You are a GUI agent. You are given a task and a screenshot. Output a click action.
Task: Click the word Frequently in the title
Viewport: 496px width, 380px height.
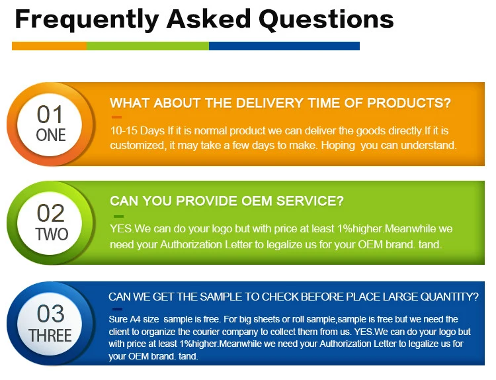coord(87,21)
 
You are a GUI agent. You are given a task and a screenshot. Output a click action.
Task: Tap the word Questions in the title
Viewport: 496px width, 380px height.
coord(326,19)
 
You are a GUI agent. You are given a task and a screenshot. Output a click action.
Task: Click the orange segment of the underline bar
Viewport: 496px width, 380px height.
coord(50,46)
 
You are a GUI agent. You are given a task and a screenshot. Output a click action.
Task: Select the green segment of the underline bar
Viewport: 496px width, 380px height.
coord(147,46)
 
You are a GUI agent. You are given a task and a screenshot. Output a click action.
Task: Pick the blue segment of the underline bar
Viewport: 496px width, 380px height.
coord(284,46)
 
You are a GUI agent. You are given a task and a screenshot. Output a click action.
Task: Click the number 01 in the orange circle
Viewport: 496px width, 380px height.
coord(50,115)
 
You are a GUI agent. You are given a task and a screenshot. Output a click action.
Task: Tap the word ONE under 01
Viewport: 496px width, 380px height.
coord(51,135)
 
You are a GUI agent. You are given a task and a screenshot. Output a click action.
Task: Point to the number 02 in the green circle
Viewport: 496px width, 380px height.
coord(51,213)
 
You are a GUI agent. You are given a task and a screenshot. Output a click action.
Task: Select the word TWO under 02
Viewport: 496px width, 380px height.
coord(52,234)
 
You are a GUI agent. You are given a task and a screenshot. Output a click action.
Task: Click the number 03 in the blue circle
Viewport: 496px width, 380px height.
coord(51,314)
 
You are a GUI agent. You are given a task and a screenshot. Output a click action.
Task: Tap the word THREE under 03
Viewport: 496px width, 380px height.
coord(50,336)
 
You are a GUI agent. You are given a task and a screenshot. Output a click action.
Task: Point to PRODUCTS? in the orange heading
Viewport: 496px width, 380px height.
coord(409,103)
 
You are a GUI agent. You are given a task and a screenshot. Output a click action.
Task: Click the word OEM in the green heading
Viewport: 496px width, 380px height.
coord(257,201)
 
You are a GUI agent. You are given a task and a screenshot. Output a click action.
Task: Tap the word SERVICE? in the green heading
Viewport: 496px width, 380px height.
coord(310,201)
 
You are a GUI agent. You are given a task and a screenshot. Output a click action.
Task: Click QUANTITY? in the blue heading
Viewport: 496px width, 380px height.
coord(449,297)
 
